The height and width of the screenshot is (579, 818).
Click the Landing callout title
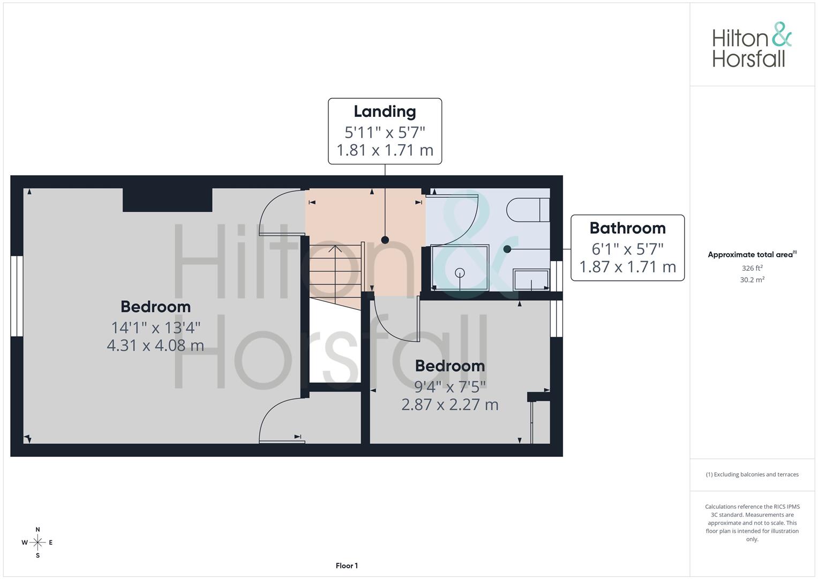pos(385,112)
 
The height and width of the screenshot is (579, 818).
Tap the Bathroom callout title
pos(627,228)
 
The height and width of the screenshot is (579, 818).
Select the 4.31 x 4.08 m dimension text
pos(155,345)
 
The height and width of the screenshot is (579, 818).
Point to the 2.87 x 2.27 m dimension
pos(450,405)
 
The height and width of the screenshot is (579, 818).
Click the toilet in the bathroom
pos(528,210)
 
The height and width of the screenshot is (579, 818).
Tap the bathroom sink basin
pos(531,280)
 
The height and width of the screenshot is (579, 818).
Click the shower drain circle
pos(460,273)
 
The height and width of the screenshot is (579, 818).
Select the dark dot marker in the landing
pos(385,240)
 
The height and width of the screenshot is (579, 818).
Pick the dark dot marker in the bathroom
pos(507,249)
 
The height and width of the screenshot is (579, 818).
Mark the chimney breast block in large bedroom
pos(167,200)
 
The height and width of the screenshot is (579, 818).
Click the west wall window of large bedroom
pos(17,296)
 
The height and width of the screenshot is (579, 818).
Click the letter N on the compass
pos(37,529)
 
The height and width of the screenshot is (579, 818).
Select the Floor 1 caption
pos(347,566)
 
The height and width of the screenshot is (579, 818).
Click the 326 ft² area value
pos(752,268)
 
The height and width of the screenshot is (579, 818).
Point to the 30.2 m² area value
pos(752,280)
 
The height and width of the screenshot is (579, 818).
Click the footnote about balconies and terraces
pos(752,474)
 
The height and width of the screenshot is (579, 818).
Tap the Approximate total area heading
pos(752,255)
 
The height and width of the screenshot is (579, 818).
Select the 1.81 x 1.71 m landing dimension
pos(385,150)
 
